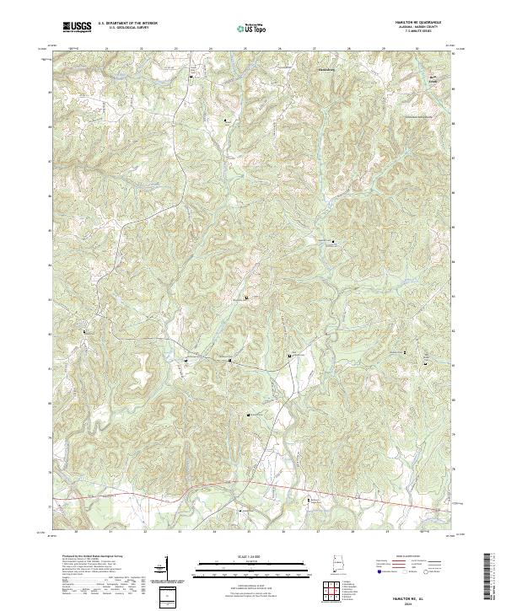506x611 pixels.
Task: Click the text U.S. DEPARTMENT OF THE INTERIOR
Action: [127, 24]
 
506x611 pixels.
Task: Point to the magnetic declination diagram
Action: [166, 566]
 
